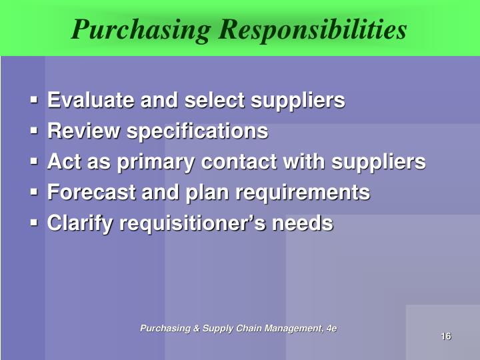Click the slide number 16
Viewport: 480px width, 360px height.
[446, 336]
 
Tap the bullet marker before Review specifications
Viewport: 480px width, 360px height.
[35, 132]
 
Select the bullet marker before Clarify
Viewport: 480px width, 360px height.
[35, 224]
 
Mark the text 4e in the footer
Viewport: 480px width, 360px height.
[330, 328]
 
